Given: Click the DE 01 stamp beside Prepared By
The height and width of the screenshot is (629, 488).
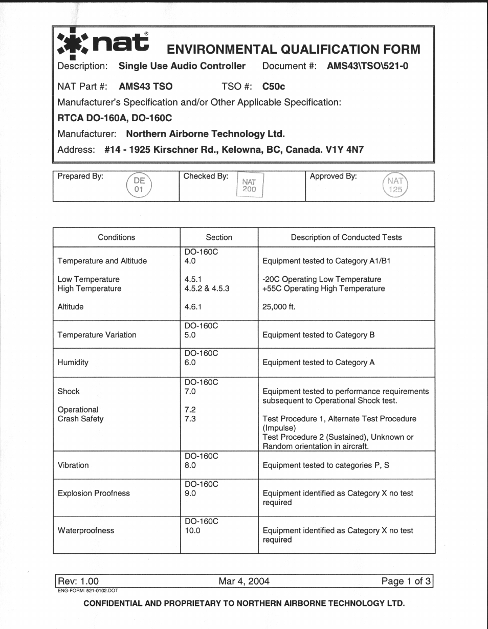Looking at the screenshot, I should (x=139, y=186).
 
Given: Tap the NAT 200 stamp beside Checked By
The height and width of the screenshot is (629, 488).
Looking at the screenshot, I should (x=249, y=186).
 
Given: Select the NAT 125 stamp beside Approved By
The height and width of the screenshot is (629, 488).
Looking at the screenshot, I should (x=394, y=186).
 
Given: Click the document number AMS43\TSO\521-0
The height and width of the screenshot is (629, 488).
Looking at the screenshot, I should (x=367, y=66).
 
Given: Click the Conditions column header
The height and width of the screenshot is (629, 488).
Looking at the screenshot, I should (x=117, y=237).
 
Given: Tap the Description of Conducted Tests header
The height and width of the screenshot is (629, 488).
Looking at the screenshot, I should (x=346, y=237).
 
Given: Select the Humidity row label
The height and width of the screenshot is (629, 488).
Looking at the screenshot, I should (x=73, y=362).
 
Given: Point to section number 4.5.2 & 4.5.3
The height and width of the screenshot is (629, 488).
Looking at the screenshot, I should (x=207, y=288).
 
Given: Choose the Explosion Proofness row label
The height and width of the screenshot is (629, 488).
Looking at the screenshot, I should (x=94, y=493).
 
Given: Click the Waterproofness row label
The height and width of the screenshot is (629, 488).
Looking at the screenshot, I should (x=86, y=530).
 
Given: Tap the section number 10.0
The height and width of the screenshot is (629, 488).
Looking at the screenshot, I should (x=192, y=530).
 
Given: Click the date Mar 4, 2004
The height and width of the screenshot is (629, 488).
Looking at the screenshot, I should (x=244, y=581).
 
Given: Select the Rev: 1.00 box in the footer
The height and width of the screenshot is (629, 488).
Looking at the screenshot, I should (x=78, y=581).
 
